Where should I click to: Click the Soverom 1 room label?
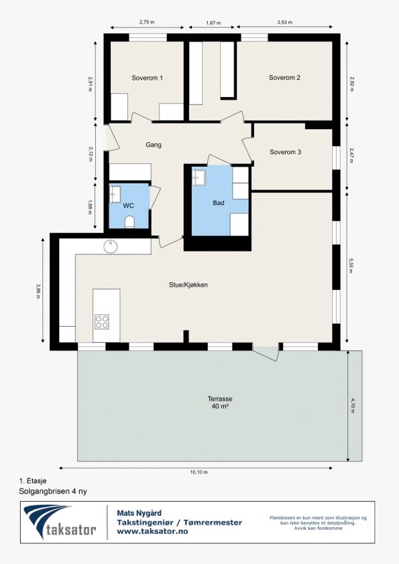[147, 78]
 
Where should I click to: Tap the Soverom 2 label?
[284, 77]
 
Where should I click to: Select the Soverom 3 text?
[285, 152]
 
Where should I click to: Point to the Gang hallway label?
[154, 145]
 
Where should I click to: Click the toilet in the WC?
[129, 222]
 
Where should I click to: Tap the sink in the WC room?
[115, 194]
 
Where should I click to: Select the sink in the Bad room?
[198, 178]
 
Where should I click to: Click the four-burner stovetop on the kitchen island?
[102, 322]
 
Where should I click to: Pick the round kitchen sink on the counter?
[111, 246]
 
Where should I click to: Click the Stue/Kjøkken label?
[188, 285]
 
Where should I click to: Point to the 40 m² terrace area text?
[220, 407]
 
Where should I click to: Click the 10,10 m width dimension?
[198, 472]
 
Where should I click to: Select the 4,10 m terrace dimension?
[353, 405]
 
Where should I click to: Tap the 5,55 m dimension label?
[351, 265]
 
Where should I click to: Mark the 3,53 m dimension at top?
[284, 22]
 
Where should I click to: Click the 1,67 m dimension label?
[213, 23]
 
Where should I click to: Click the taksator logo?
[60, 522]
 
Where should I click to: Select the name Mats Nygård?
[139, 513]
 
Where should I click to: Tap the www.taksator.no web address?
[152, 531]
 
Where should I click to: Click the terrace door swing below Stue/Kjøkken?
[267, 353]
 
